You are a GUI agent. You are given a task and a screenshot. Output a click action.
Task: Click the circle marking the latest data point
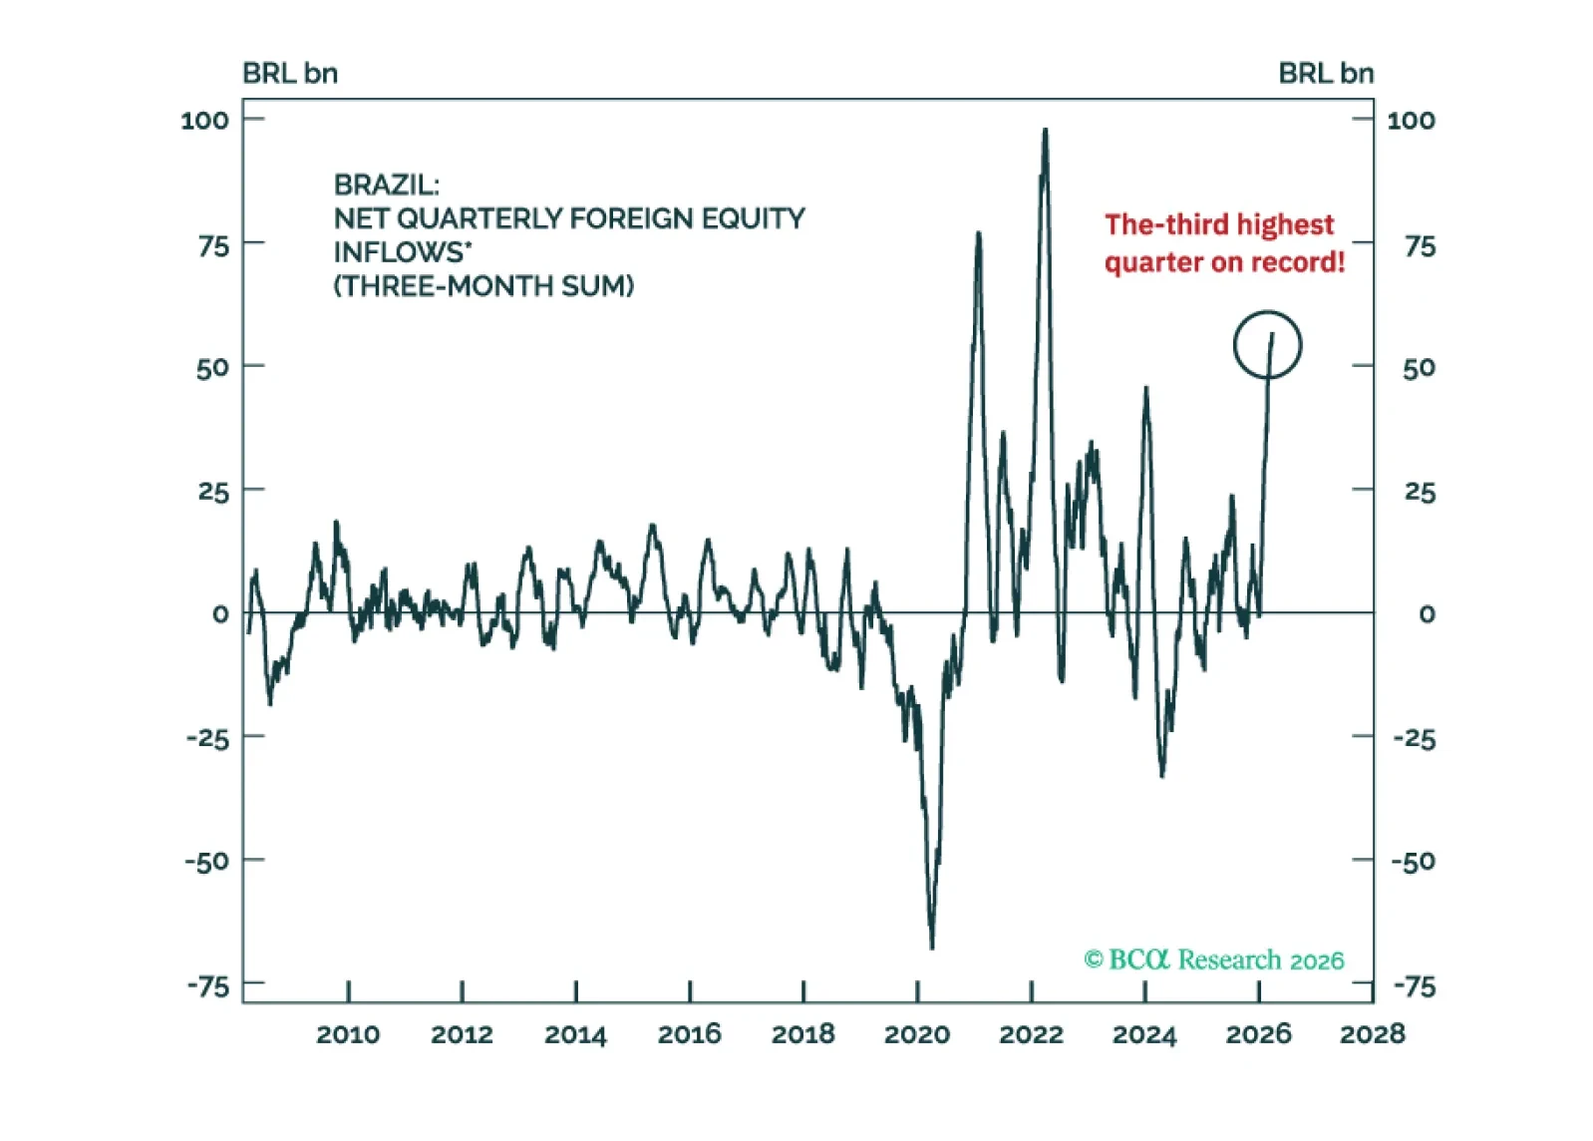[1267, 345]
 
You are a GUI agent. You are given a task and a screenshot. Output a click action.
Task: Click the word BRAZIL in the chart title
[385, 185]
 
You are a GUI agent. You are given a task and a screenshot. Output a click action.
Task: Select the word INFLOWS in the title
[399, 252]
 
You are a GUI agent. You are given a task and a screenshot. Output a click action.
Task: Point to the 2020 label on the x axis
[916, 1034]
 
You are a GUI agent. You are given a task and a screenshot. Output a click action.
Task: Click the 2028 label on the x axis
[1372, 1034]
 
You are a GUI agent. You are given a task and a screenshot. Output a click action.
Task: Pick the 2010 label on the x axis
[348, 1034]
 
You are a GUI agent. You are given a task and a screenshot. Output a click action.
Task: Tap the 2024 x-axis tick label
[1144, 1034]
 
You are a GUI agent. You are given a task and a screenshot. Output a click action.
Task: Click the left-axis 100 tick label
[204, 121]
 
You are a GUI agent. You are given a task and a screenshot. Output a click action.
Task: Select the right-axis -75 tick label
[1414, 986]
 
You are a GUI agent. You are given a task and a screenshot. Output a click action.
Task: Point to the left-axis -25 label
[207, 738]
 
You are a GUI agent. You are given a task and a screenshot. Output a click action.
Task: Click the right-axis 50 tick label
[1419, 368]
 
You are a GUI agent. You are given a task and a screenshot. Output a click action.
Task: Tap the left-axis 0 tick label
[220, 614]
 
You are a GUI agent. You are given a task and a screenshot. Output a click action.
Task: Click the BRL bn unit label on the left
[290, 74]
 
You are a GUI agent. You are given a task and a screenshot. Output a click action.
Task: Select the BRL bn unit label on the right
[1326, 74]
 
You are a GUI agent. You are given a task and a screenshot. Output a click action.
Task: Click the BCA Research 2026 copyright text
[1214, 959]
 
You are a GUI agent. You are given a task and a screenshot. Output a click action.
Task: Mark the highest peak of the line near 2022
[1045, 130]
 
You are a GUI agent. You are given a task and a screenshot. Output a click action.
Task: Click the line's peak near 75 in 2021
[978, 233]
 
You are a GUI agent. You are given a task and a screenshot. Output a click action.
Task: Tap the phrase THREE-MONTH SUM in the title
[483, 286]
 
